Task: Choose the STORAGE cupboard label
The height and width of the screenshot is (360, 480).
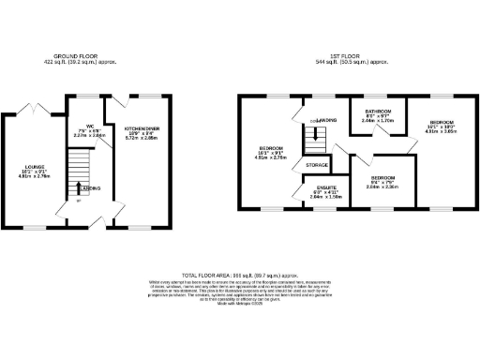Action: [x=317, y=166]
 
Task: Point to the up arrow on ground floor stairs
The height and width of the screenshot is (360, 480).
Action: [x=78, y=189]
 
